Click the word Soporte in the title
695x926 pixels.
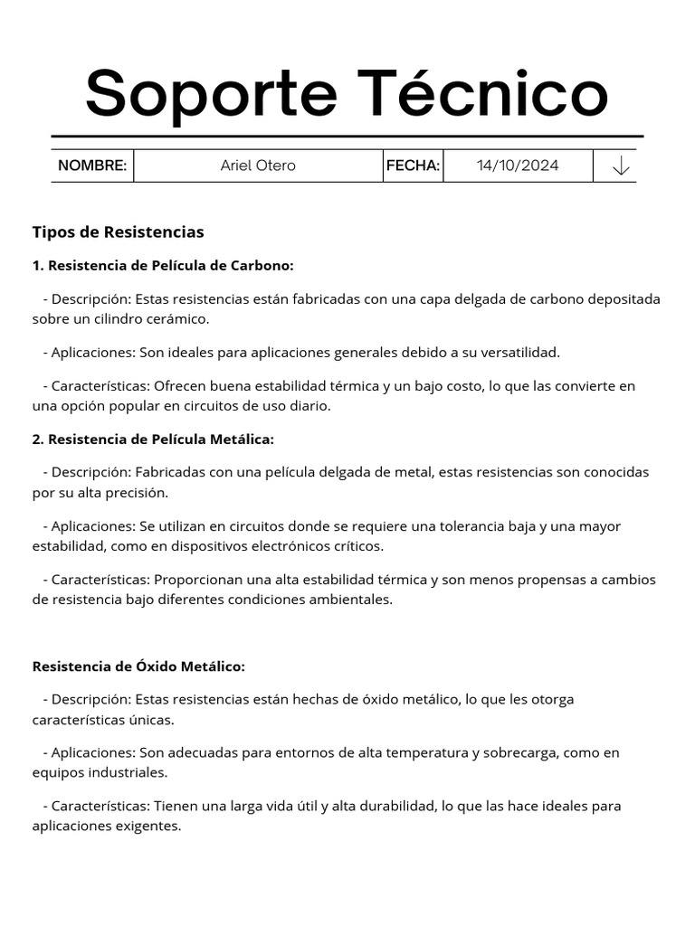click(213, 93)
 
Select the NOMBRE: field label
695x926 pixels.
click(92, 165)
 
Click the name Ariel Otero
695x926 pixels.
click(258, 165)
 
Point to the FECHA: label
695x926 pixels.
click(413, 165)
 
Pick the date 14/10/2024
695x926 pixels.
click(518, 165)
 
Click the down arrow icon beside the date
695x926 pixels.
click(621, 166)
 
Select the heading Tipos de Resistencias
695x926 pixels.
click(119, 232)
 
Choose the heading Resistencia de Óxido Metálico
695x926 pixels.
click(138, 666)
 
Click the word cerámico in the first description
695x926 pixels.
click(178, 319)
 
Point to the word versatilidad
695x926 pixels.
click(517, 353)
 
